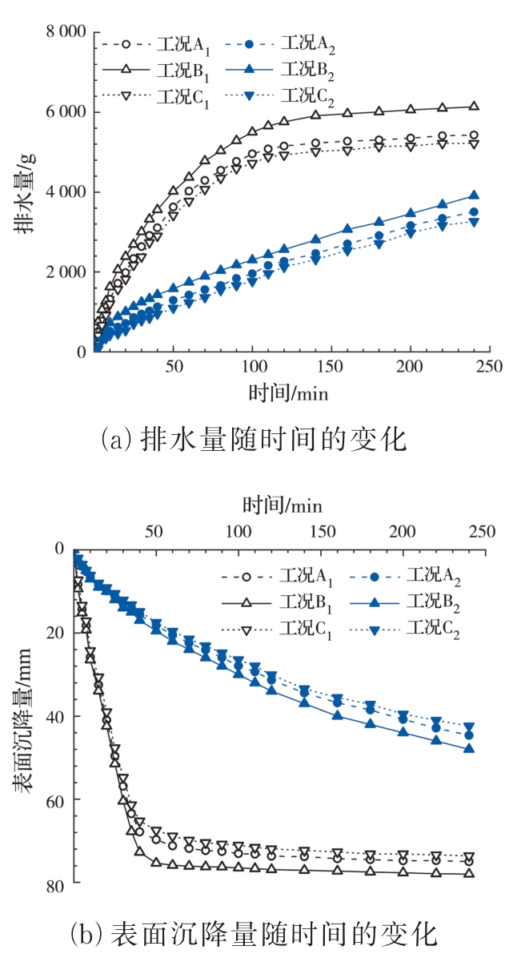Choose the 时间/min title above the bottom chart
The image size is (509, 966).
283,505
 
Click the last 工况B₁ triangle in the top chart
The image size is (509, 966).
474,107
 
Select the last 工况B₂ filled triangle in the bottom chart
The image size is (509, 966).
470,749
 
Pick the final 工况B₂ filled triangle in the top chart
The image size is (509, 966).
474,195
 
